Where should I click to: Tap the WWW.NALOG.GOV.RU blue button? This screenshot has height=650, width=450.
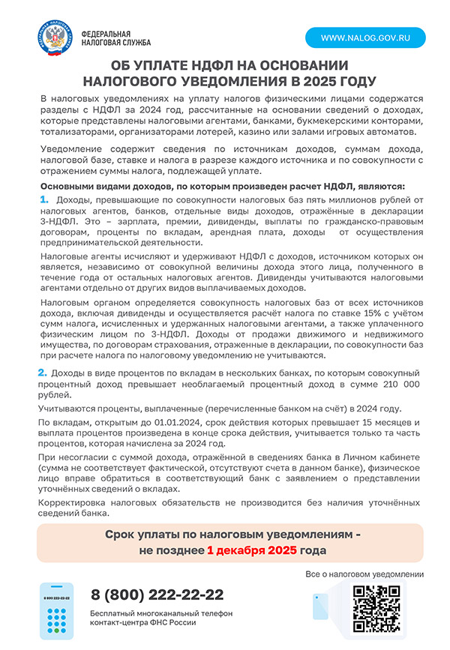click(364, 37)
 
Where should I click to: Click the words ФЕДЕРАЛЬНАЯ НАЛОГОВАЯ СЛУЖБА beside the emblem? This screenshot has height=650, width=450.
click(105, 38)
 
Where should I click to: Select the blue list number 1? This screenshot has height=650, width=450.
click(44, 199)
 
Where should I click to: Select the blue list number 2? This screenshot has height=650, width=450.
click(43, 373)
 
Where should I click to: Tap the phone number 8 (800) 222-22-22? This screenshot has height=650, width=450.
click(157, 595)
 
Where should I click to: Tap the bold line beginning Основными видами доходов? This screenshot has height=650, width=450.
click(223, 185)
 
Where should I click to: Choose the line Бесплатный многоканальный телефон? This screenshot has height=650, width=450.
click(162, 613)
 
